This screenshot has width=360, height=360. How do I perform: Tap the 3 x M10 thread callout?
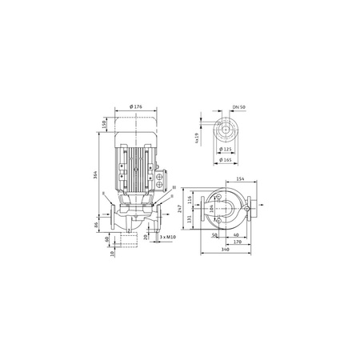(168, 238)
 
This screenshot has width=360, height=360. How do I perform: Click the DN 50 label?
(235, 108)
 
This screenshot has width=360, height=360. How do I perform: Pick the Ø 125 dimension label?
(226, 149)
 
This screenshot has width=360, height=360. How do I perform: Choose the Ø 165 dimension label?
(226, 160)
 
